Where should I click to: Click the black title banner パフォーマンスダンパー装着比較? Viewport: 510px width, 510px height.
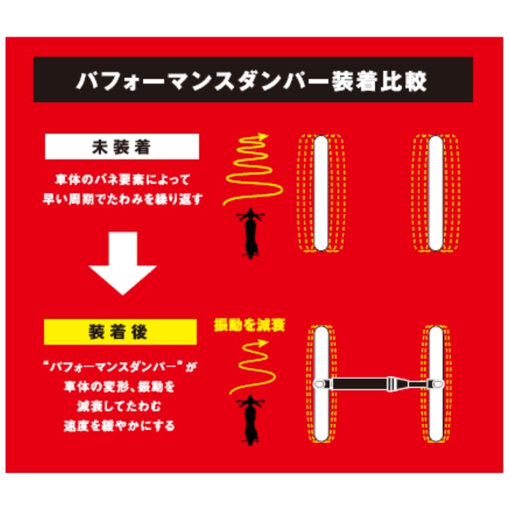[253, 79]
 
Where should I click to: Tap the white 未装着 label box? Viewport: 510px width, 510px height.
[122, 146]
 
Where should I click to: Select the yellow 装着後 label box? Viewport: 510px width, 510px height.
[120, 332]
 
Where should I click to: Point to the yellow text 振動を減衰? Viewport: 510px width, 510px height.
[249, 325]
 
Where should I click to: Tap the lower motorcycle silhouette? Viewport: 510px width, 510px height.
[251, 420]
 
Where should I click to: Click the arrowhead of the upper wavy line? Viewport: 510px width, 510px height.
[262, 137]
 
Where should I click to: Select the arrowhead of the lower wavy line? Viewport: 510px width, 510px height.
[262, 343]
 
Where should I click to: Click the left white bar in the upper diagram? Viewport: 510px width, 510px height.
[321, 193]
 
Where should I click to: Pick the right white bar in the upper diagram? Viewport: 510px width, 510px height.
[436, 193]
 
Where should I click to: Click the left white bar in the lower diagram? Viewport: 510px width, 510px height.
[322, 384]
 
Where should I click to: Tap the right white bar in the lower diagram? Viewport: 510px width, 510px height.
[436, 384]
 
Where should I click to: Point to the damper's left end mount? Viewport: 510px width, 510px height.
[323, 384]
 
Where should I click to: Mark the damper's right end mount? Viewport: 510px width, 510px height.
[436, 384]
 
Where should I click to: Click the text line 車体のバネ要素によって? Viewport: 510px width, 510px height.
[122, 179]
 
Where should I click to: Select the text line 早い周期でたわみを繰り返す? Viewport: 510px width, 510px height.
[122, 199]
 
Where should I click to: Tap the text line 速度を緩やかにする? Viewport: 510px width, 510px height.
[119, 425]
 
